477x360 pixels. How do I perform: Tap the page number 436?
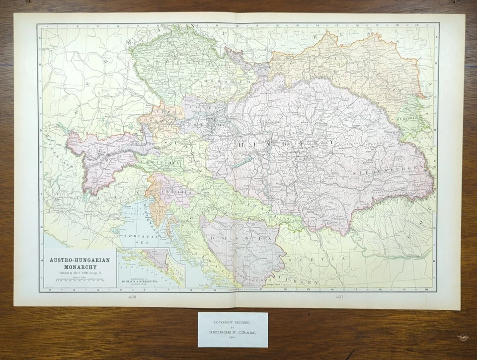pyautogui.click(x=131, y=297)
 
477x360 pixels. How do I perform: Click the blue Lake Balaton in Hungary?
pyautogui.click(x=241, y=162)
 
